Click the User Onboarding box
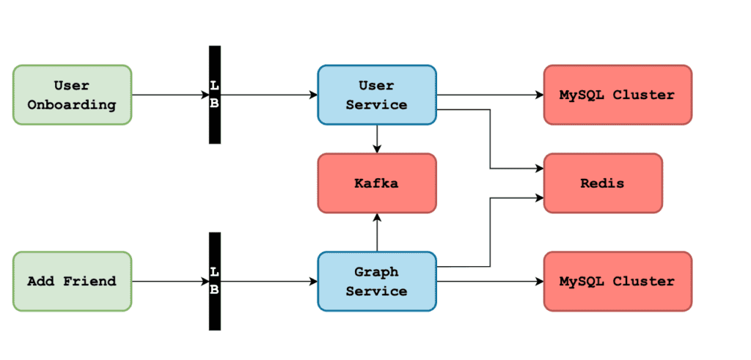coord(73,95)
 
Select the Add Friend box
coord(73,282)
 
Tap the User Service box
coord(377,95)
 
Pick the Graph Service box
coord(377,282)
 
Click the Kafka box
coord(377,183)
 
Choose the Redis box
coord(603,183)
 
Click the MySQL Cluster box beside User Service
coord(618,95)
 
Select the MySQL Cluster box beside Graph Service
coord(618,282)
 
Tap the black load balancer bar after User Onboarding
coord(215,95)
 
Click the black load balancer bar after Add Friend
coord(215,282)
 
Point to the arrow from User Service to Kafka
coord(377,139)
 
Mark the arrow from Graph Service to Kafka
coord(377,232)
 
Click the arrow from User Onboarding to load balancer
coord(170,95)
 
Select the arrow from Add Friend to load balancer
coord(170,282)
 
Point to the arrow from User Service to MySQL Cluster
coord(490,95)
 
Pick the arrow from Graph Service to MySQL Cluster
coord(490,282)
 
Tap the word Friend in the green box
coord(89,282)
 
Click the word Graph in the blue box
coord(377,273)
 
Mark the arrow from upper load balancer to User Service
coord(269,95)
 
